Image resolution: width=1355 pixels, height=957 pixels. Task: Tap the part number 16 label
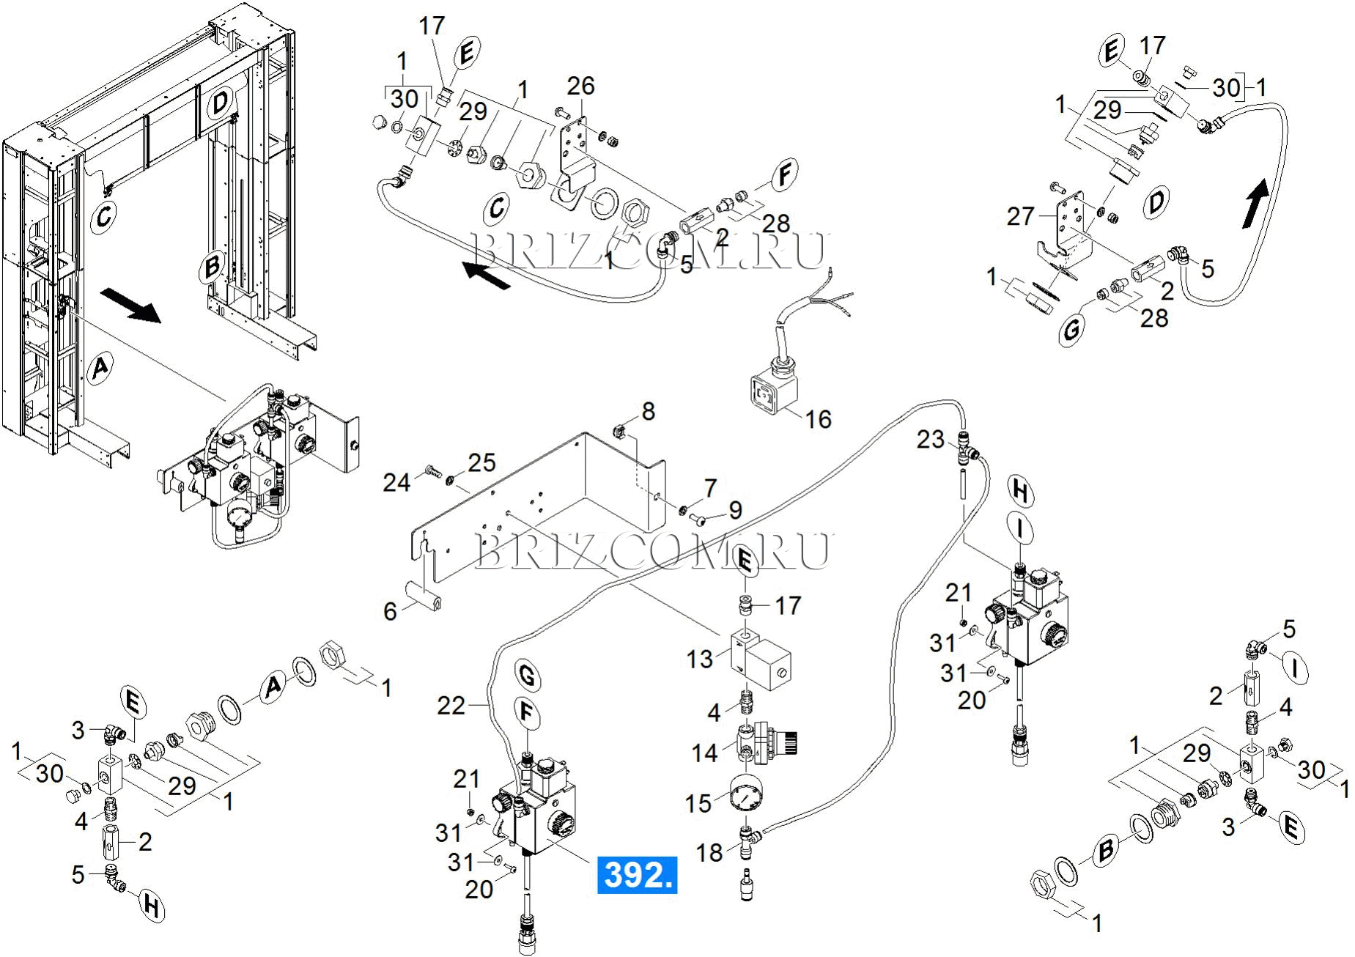point(819,419)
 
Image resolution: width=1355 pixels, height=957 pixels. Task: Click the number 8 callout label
point(649,411)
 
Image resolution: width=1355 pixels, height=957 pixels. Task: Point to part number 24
point(396,482)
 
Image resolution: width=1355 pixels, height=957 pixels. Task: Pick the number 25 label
point(482,462)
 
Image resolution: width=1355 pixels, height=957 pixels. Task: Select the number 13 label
point(699,659)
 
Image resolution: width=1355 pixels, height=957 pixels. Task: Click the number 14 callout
point(705,753)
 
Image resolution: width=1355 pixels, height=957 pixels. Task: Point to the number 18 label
point(709,852)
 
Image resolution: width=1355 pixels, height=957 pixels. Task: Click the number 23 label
point(931,440)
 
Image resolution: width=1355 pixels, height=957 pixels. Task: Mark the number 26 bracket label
point(581,86)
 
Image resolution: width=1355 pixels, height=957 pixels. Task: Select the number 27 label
point(1020,216)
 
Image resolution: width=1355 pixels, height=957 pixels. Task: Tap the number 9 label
point(735,510)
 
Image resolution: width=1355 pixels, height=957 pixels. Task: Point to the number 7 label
point(710,487)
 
